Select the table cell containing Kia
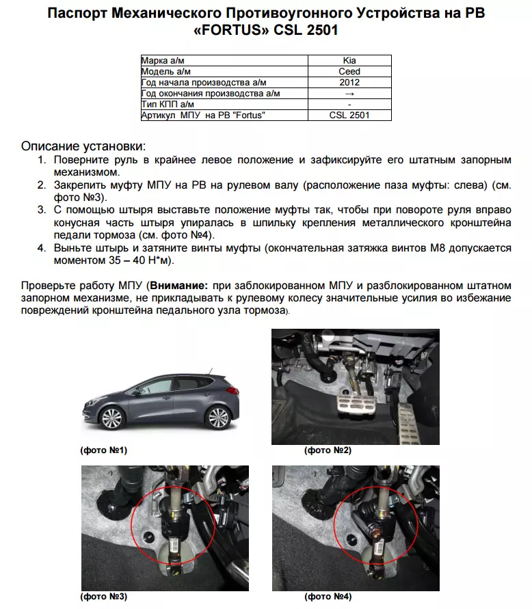click(x=349, y=61)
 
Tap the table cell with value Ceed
click(x=349, y=71)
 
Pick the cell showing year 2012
click(x=349, y=82)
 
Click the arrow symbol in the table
click(x=349, y=93)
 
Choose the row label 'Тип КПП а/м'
click(x=168, y=104)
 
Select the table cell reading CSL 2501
click(x=349, y=115)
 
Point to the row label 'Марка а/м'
click(x=164, y=61)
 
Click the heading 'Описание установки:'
click(x=83, y=146)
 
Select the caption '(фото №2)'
click(x=328, y=450)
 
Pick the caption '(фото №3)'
click(x=103, y=597)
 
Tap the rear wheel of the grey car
click(x=217, y=418)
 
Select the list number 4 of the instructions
click(x=42, y=248)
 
